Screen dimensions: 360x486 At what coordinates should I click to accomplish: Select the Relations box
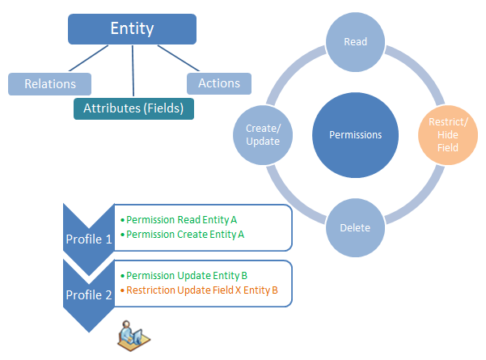[49, 83]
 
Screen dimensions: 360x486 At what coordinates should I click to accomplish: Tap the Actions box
[218, 83]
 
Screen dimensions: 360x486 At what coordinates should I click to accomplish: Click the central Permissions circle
[356, 135]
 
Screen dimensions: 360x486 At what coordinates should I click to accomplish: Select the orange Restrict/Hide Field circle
[447, 134]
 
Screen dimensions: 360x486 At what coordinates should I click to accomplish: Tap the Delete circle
[357, 227]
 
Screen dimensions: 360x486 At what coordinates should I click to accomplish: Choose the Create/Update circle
[262, 134]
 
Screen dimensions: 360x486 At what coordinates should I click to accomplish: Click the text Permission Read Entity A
[182, 219]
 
